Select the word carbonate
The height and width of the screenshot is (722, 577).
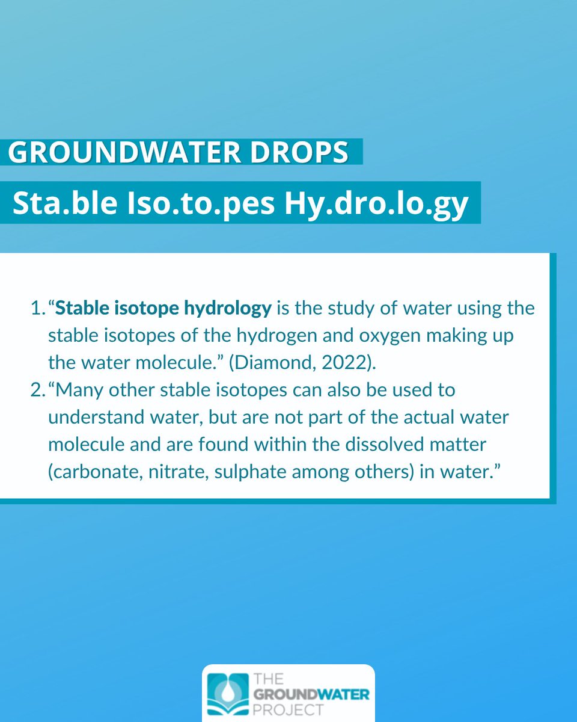(x=91, y=472)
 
